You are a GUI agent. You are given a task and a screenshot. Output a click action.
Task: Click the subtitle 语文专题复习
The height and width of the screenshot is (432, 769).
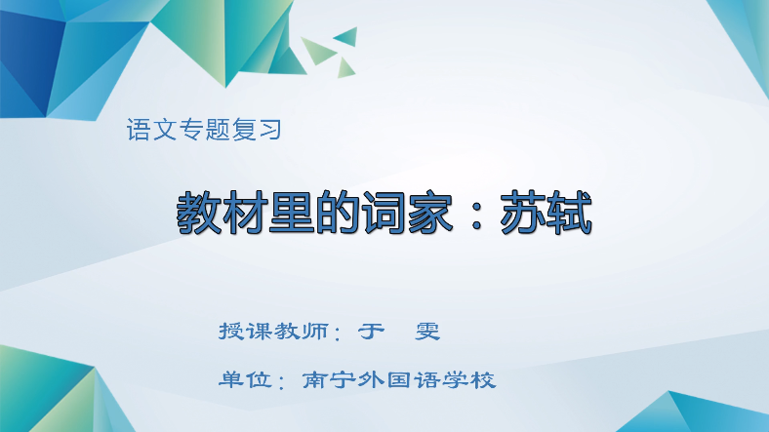pyautogui.click(x=204, y=130)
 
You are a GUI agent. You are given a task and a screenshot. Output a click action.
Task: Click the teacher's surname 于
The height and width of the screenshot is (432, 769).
pyautogui.click(x=369, y=331)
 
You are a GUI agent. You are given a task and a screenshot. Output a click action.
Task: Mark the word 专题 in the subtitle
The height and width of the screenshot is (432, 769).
pyautogui.click(x=204, y=130)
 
